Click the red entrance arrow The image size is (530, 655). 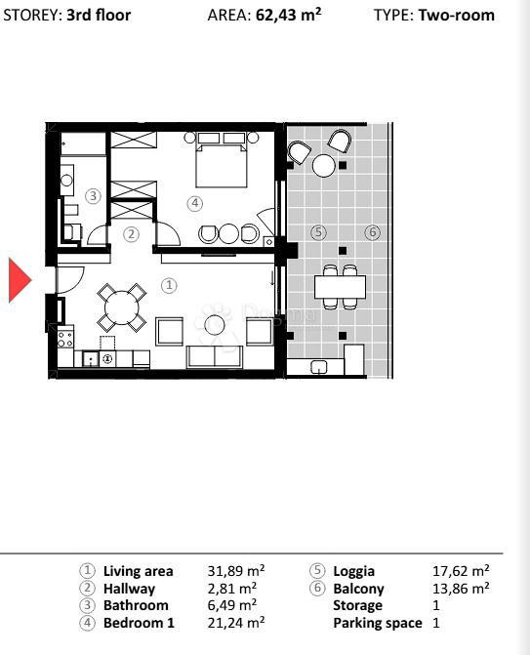click(x=20, y=280)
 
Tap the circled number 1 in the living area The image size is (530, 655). click(x=169, y=286)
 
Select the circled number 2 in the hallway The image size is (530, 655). click(x=131, y=234)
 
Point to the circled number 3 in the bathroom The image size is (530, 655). click(x=93, y=196)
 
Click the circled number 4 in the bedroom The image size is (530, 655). click(x=195, y=203)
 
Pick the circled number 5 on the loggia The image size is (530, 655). click(x=318, y=231)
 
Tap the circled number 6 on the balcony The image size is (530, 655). click(x=372, y=231)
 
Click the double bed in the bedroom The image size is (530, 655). click(x=221, y=160)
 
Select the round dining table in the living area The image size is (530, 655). click(x=121, y=308)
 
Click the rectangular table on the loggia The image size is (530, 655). click(x=340, y=286)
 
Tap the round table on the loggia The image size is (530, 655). click(x=323, y=165)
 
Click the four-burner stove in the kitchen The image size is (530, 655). click(x=65, y=339)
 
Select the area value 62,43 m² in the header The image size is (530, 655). click(x=288, y=16)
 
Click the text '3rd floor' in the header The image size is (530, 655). click(x=99, y=16)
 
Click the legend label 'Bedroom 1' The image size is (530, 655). click(x=139, y=623)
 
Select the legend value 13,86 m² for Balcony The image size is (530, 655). click(x=461, y=589)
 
